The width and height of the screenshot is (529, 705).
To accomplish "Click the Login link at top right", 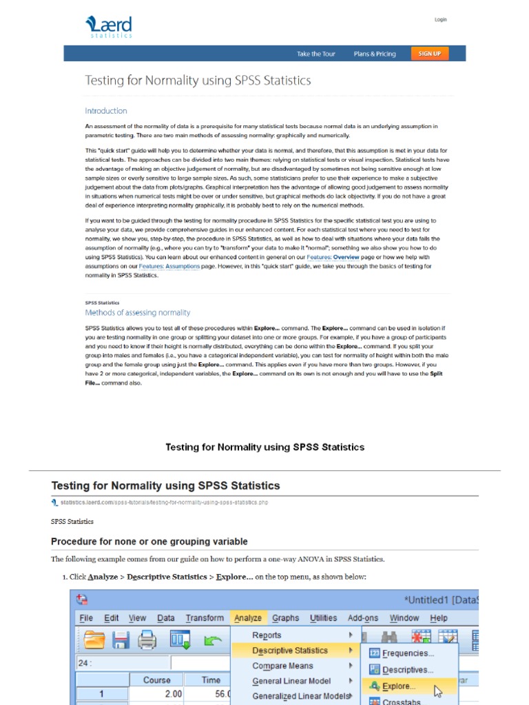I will pyautogui.click(x=440, y=20).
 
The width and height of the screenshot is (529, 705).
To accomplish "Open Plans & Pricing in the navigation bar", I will pyautogui.click(x=375, y=54).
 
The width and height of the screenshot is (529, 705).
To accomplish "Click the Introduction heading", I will pyautogui.click(x=106, y=111).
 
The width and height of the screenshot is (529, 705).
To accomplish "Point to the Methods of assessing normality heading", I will pyautogui.click(x=137, y=313).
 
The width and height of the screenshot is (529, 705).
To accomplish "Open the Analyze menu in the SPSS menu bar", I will pyautogui.click(x=248, y=618).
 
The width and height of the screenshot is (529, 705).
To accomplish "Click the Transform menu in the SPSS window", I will pyautogui.click(x=205, y=618).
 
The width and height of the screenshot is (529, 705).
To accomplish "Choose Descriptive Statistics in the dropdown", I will pyautogui.click(x=290, y=651).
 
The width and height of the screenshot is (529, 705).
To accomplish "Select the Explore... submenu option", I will pyautogui.click(x=399, y=686).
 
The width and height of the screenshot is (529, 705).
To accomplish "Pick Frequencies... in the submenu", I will pyautogui.click(x=408, y=653).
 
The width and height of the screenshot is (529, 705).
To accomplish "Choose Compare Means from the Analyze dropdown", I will pyautogui.click(x=282, y=666).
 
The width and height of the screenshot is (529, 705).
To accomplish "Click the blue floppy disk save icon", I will pyautogui.click(x=121, y=641).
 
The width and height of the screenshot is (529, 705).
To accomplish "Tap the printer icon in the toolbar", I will pyautogui.click(x=147, y=641).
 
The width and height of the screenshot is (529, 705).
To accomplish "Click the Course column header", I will pyautogui.click(x=157, y=680).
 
